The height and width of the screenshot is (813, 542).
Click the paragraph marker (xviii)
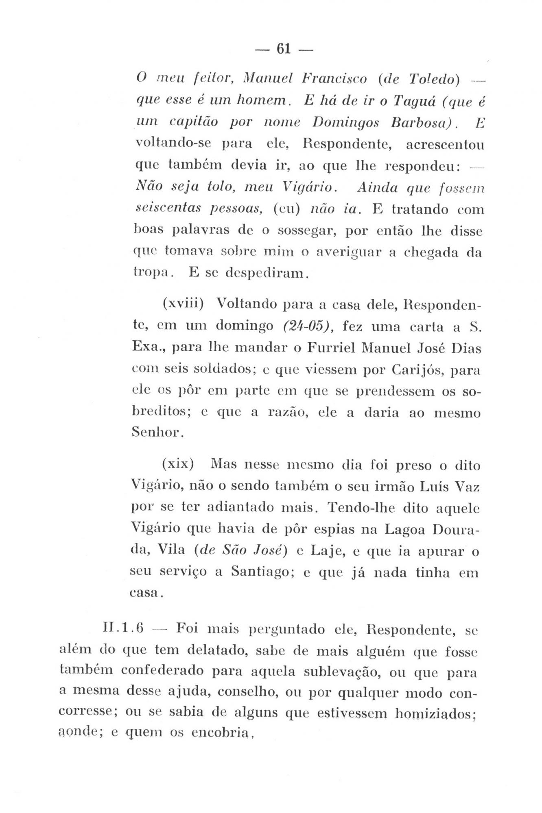[183, 304]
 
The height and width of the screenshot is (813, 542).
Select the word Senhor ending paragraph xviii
[155, 433]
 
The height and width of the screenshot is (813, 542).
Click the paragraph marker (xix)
[177, 464]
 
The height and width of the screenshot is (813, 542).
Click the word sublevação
[341, 673]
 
